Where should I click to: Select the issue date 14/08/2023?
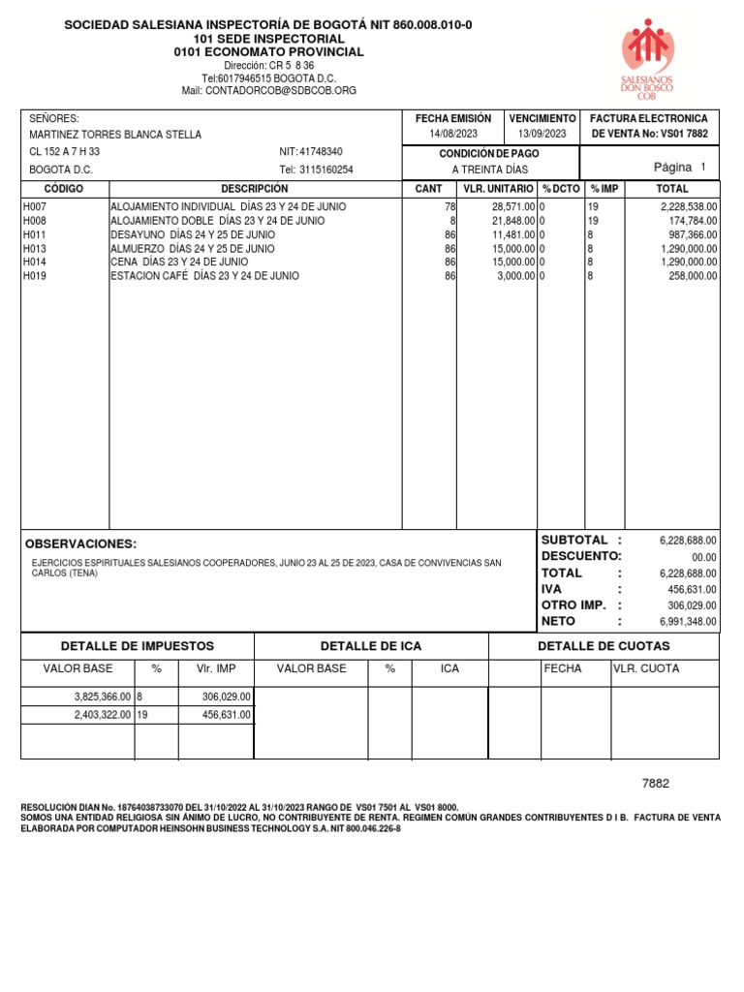point(453,135)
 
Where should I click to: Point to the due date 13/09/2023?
point(542,135)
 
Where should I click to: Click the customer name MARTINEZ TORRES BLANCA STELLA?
point(115,135)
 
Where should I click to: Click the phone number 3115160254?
point(326,170)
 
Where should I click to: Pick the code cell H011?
point(34,234)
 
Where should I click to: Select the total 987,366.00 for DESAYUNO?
point(689,234)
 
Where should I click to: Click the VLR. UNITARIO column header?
point(497,189)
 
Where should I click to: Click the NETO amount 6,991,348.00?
point(688,621)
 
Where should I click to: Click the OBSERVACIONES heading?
point(80,544)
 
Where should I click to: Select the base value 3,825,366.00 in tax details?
point(102,697)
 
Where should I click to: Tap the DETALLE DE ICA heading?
point(371,646)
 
